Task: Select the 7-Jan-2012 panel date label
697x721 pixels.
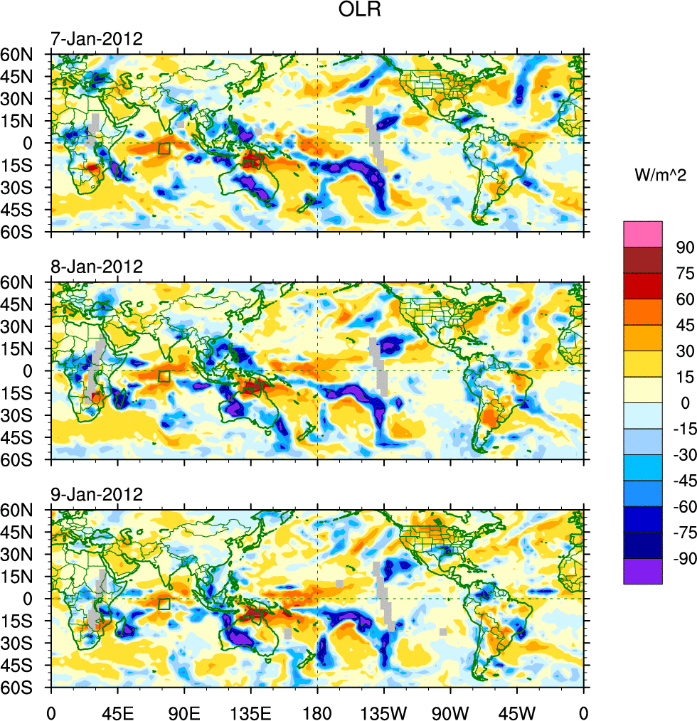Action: (96, 38)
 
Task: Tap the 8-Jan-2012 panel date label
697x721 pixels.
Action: (96, 267)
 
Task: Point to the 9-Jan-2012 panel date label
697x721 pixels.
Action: (96, 494)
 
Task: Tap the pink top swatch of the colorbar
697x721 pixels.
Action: (643, 233)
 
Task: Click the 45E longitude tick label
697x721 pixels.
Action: (118, 711)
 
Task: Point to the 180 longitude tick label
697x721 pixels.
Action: (317, 711)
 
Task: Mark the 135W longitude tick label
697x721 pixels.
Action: (385, 711)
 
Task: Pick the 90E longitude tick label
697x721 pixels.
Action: (184, 711)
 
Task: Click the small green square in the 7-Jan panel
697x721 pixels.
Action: (164, 148)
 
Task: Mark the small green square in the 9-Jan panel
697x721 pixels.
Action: (164, 604)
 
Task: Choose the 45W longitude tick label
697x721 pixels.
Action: (517, 711)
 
